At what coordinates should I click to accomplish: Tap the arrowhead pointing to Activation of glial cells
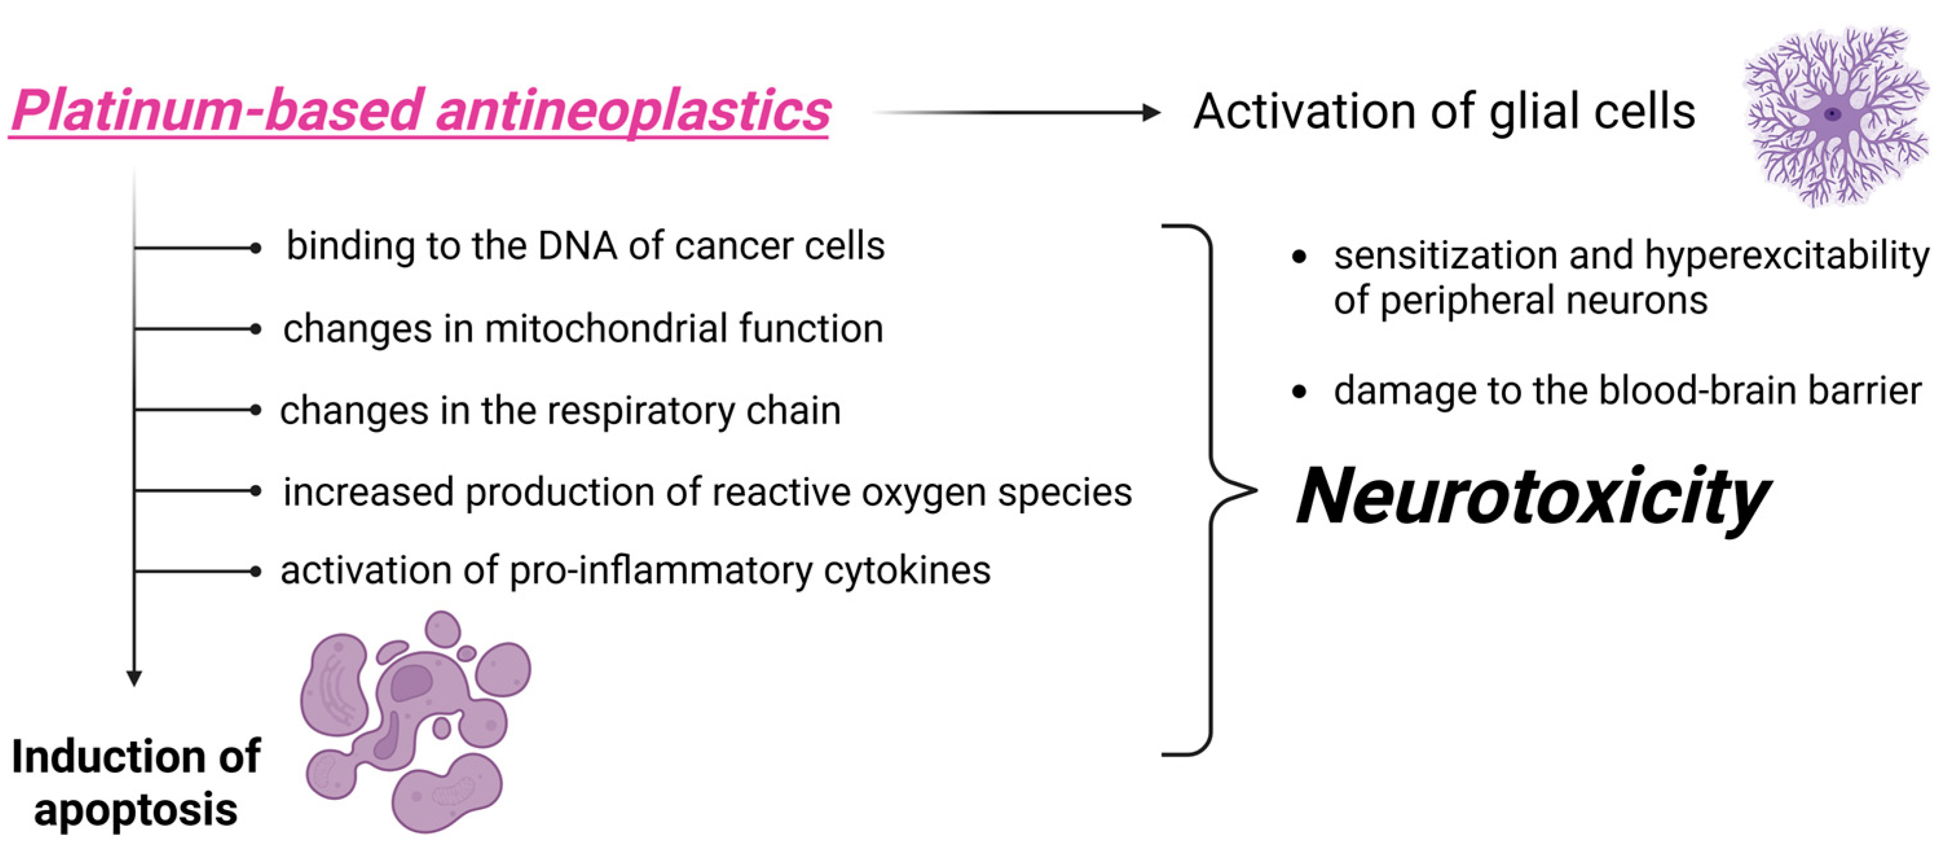[x=1151, y=113]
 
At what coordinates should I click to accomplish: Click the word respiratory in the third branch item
[x=641, y=411]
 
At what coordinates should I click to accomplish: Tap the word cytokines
[x=907, y=570]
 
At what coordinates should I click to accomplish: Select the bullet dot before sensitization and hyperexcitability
[x=1299, y=257]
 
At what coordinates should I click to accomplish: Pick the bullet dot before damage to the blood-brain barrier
[x=1299, y=392]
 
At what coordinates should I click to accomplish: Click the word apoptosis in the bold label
[x=136, y=810]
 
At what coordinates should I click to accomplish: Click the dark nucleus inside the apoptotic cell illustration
[x=411, y=683]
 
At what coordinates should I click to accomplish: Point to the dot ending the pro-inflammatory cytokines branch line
[x=255, y=571]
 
